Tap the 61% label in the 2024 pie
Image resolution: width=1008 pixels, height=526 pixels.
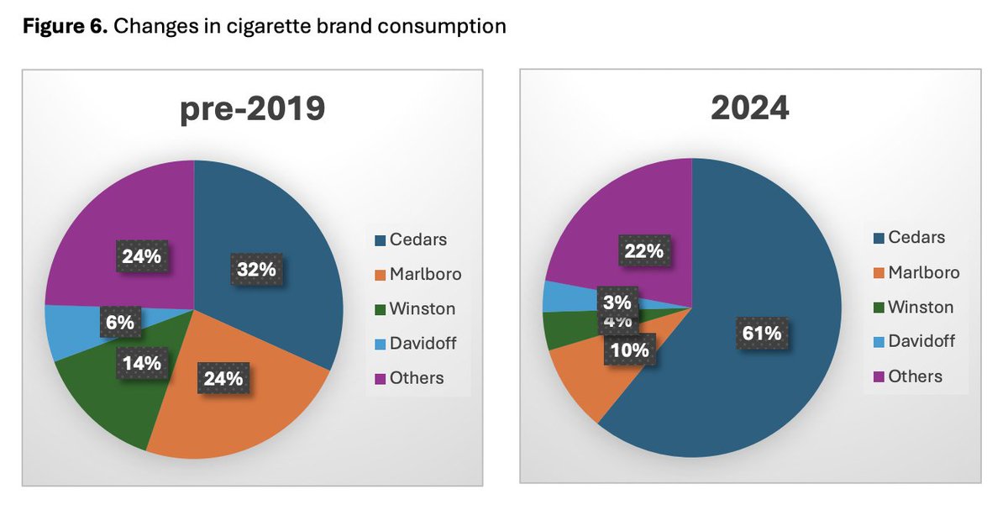[761, 333]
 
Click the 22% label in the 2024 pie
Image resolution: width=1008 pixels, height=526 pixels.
[643, 250]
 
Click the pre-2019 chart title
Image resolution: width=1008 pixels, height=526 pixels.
[252, 109]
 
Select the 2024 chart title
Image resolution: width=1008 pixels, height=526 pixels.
[749, 108]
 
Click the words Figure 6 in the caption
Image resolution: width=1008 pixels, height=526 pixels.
[63, 27]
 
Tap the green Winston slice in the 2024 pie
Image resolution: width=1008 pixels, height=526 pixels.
[560, 328]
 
